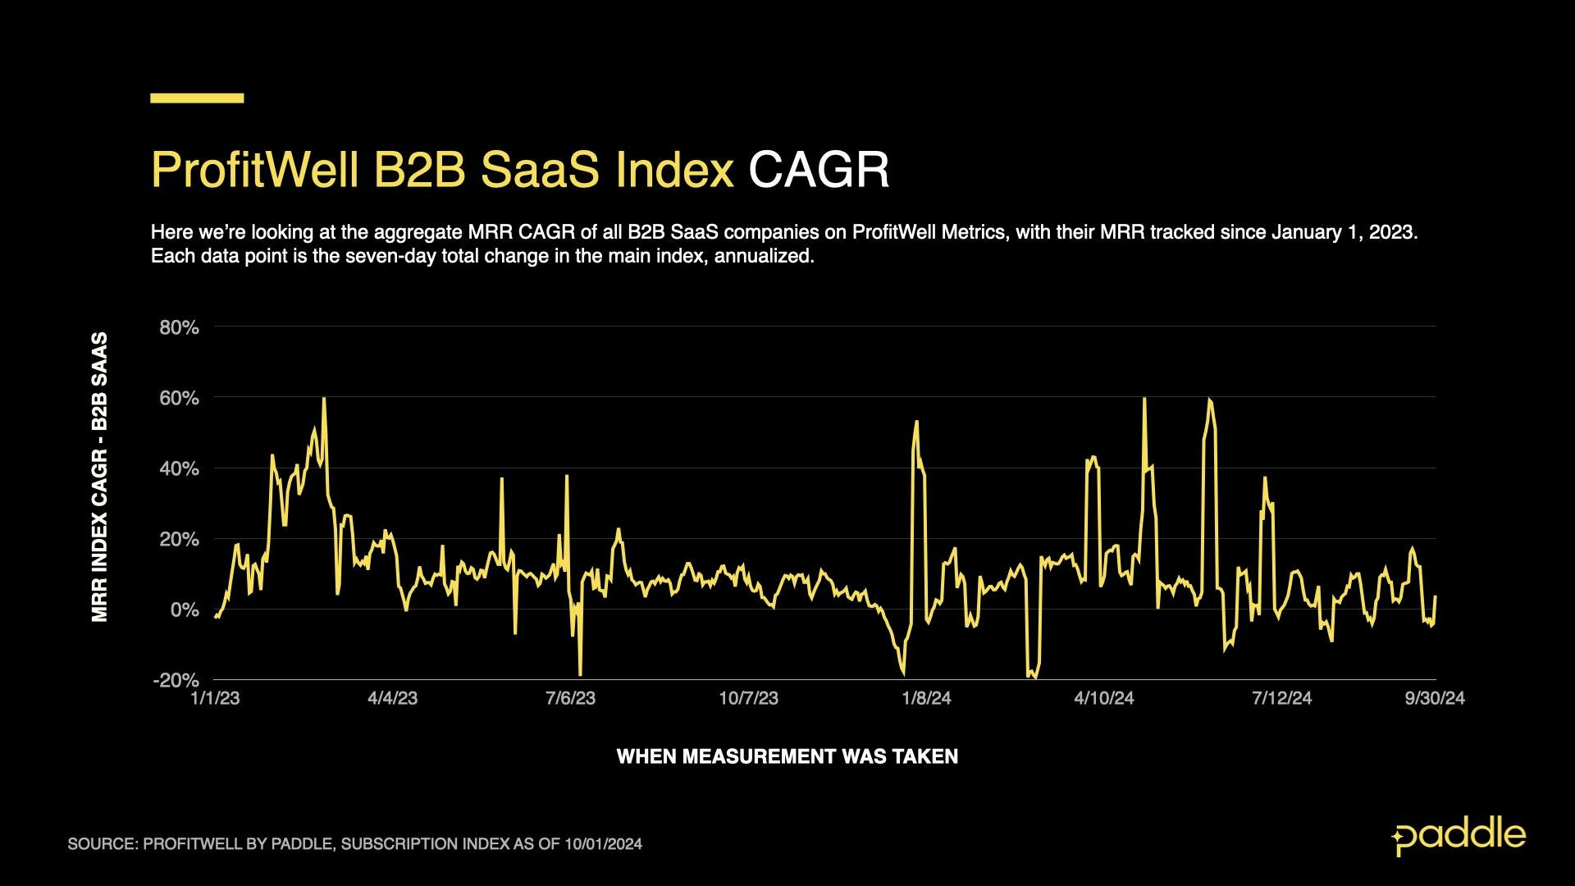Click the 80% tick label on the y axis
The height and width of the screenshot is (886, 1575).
[179, 327]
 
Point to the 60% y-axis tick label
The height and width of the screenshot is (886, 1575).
[179, 398]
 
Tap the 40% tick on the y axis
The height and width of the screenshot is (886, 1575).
[179, 468]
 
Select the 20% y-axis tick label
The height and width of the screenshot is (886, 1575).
[179, 539]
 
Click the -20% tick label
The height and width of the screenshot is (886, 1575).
[176, 680]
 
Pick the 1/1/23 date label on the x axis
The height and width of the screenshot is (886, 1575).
[215, 698]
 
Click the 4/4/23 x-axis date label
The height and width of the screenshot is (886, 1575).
[392, 698]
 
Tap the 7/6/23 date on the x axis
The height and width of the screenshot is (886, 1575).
[570, 698]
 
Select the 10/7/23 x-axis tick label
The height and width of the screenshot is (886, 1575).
[748, 698]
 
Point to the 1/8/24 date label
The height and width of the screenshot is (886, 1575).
[926, 698]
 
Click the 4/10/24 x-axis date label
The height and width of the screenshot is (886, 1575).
[1104, 698]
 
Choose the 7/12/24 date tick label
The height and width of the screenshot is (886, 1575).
[1281, 698]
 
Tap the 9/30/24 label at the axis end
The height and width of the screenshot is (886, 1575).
[1435, 698]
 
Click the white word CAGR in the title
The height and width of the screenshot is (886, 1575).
[819, 170]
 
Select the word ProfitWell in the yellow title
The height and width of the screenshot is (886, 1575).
[254, 170]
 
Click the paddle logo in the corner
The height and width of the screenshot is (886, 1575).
[1459, 837]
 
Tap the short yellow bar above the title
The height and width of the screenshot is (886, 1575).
[197, 98]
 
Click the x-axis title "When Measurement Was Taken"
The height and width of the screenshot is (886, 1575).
[787, 756]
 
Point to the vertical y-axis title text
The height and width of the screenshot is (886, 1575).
[100, 477]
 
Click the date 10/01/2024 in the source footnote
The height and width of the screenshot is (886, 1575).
[603, 844]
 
